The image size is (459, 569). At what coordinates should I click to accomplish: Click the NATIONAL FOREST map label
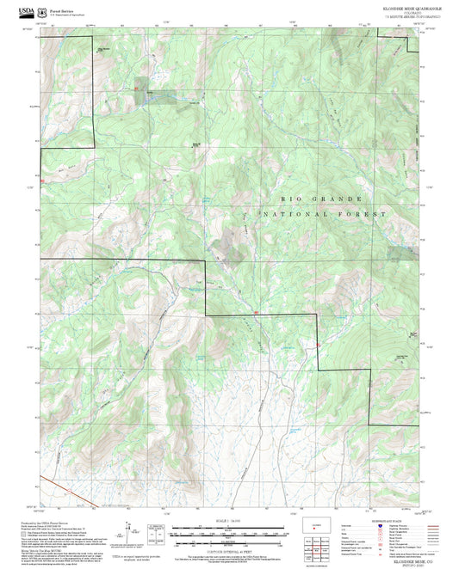[x=325, y=212]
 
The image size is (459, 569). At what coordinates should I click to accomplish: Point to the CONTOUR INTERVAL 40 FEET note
[x=221, y=551]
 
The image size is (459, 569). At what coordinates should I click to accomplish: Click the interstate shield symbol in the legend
[x=381, y=528]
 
